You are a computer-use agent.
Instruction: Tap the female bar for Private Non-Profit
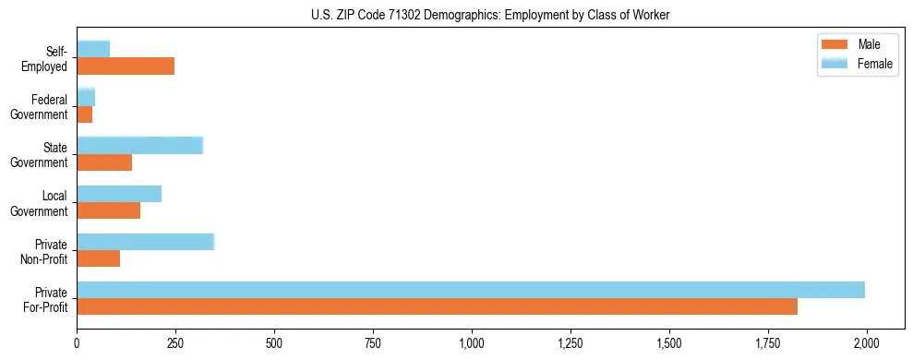pyautogui.click(x=145, y=242)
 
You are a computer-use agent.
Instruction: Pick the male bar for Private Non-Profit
pyautogui.click(x=98, y=259)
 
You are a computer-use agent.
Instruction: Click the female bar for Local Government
pyautogui.click(x=119, y=194)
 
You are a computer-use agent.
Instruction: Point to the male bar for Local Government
pyautogui.click(x=108, y=210)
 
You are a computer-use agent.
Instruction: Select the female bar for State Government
pyautogui.click(x=139, y=145)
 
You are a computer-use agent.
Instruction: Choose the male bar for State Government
pyautogui.click(x=104, y=162)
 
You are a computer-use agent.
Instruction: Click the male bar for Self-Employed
pyautogui.click(x=126, y=66)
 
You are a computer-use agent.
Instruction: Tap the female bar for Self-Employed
pyautogui.click(x=93, y=49)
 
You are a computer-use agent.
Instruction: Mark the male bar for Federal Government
pyautogui.click(x=84, y=114)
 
